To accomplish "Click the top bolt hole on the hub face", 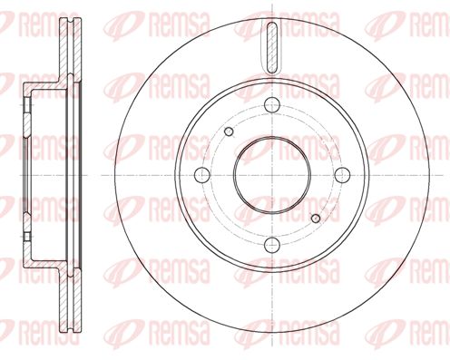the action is pos(272,105).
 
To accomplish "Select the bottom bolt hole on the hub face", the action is pos(272,245).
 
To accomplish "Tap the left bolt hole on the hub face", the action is pos(202,175).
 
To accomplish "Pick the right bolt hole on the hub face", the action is pos(342,175).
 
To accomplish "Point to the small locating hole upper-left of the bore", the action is pos(229,131).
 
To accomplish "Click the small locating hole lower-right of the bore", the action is pos(316,219).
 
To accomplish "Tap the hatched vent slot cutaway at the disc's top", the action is pos(272,48).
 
